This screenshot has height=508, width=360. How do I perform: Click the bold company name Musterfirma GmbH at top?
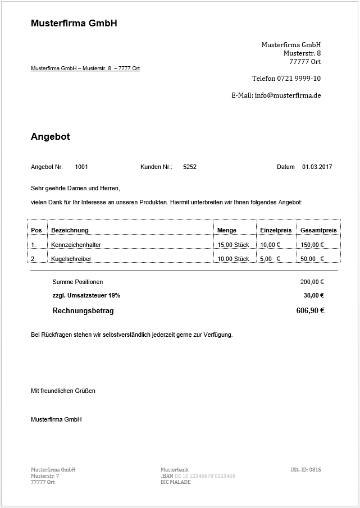tap(74, 24)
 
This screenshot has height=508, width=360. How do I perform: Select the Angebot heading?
tap(50, 137)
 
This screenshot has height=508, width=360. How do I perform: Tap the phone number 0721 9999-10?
tap(302, 79)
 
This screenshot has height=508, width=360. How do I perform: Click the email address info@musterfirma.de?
tap(288, 95)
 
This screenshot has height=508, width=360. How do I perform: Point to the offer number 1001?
tap(81, 167)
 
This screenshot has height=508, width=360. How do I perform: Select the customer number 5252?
tap(190, 167)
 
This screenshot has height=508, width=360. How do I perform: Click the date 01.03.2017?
tap(317, 167)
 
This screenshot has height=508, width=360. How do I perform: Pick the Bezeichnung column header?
tap(70, 230)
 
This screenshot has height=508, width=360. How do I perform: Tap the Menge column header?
tap(227, 230)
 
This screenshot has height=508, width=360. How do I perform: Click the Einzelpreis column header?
tap(276, 230)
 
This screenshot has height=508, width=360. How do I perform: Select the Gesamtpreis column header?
tap(318, 230)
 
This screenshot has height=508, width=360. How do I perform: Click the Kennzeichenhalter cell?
tap(76, 245)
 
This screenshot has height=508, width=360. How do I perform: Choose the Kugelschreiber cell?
tap(71, 259)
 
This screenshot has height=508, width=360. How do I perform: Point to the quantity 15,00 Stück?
tap(233, 245)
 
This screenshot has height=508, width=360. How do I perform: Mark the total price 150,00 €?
tap(312, 245)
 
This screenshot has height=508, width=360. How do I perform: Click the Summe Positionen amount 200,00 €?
tap(312, 282)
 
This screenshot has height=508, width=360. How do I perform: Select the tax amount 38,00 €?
tap(314, 295)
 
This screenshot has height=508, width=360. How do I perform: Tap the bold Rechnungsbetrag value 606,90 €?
tap(310, 310)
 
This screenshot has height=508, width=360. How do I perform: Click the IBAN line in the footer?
tap(198, 476)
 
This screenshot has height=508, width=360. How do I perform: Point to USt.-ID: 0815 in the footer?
tap(306, 470)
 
